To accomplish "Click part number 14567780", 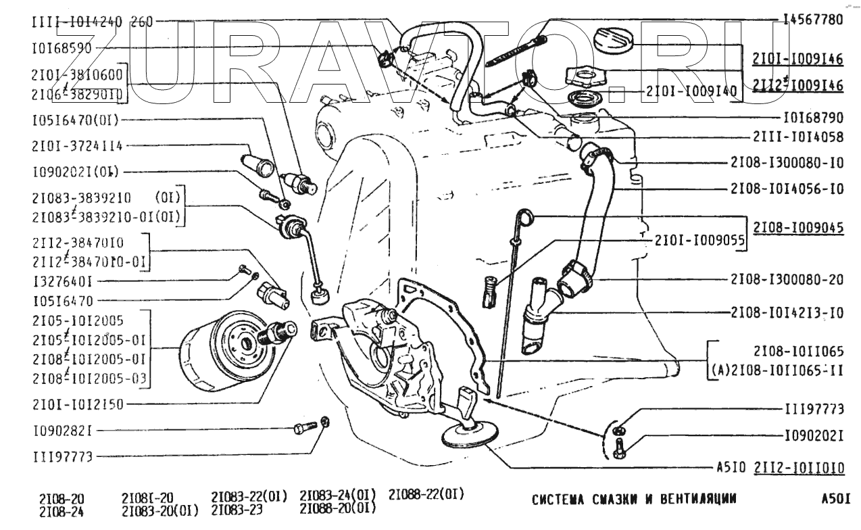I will click(x=813, y=20).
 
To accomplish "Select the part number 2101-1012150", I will click(x=78, y=404).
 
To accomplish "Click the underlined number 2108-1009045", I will click(x=797, y=228).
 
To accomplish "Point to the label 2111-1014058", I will click(x=797, y=137).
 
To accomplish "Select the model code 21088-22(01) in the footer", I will click(x=426, y=494).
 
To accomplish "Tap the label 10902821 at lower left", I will click(x=62, y=430).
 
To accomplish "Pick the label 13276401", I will click(x=62, y=279).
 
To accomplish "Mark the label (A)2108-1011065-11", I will click(x=777, y=370).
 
